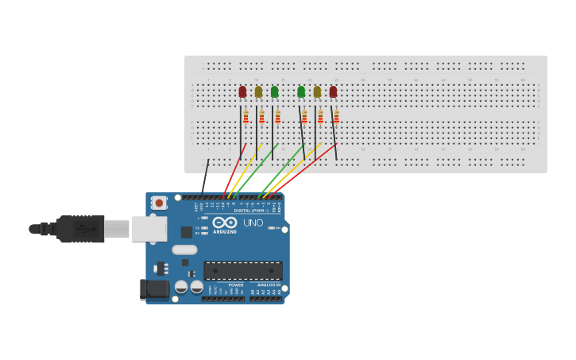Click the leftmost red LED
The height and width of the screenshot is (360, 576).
[242, 92]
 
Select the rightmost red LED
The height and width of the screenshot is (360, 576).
[333, 92]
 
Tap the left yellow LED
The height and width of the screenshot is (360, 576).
[258, 92]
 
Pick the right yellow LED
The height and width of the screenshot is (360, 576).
[317, 92]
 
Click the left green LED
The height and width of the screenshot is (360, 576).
[274, 92]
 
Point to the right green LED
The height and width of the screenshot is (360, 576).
[300, 92]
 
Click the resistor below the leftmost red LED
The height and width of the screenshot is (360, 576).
[245, 116]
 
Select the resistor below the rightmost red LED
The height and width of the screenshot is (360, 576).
[336, 116]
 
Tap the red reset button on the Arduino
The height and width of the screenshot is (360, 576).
[159, 203]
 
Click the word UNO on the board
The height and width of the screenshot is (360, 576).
[253, 223]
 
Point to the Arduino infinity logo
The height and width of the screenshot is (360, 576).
[225, 223]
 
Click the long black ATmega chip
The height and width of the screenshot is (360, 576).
[242, 270]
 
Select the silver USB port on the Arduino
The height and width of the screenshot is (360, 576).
[149, 228]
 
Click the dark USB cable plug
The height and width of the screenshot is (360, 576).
[79, 229]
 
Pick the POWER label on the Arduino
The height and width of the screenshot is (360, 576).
[236, 285]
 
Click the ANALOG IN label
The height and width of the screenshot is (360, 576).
[269, 285]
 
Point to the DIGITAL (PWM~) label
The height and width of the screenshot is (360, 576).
[250, 211]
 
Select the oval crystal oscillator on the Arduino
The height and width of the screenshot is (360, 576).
[184, 250]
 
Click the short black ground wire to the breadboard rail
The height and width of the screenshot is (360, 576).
[205, 176]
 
